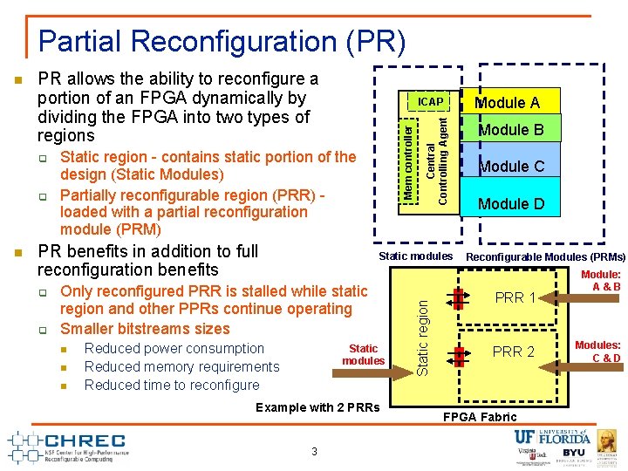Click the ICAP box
[430, 102]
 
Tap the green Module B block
[509, 131]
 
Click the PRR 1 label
[515, 297]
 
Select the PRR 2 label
[513, 352]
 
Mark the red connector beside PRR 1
[458, 298]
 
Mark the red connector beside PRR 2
[458, 353]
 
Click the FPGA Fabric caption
[481, 417]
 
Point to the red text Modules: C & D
[598, 352]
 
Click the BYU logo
[573, 454]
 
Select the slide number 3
[314, 451]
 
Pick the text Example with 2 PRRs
[317, 407]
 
